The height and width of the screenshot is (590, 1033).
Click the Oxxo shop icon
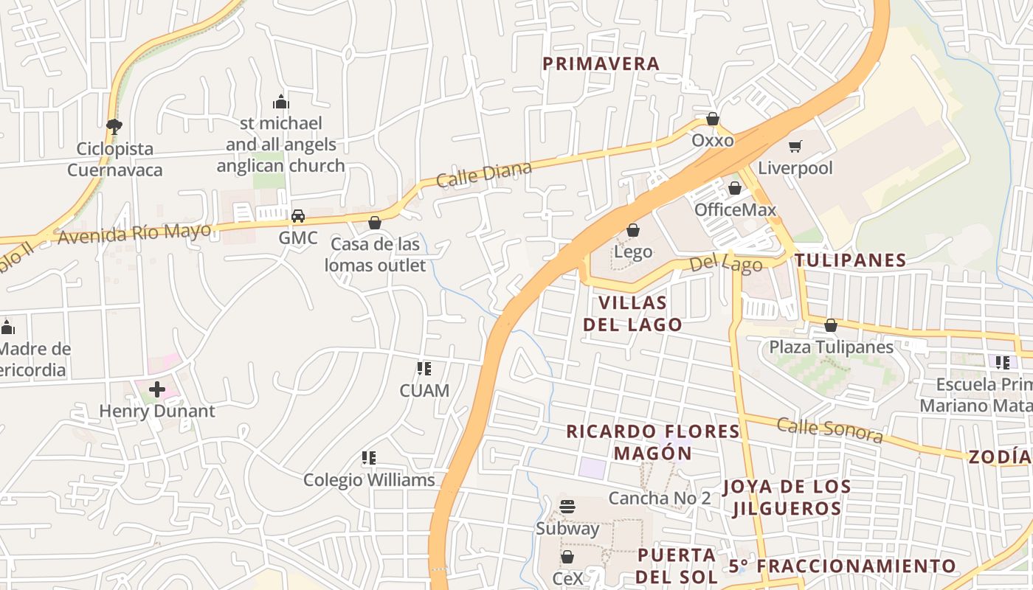point(713,119)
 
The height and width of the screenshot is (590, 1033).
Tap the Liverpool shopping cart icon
point(795,146)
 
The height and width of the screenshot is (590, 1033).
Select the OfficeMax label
point(735,209)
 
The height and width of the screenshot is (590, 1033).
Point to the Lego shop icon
point(632,230)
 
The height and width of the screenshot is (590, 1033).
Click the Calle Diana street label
point(483,175)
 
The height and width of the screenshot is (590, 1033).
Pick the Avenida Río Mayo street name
point(134,233)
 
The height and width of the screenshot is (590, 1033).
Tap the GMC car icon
point(298,216)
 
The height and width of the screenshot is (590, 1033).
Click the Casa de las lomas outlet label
point(376,254)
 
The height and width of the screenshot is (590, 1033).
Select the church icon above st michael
point(280,102)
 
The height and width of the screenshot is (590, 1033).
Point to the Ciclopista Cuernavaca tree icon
point(114,126)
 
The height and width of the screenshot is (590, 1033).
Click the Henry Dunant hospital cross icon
point(157,389)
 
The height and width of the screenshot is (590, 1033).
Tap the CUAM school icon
point(424,368)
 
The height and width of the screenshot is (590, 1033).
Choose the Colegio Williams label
point(370,480)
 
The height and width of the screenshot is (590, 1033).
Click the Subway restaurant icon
point(567,507)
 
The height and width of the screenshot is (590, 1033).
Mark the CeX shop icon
point(567,557)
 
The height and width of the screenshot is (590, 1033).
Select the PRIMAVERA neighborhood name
point(601,63)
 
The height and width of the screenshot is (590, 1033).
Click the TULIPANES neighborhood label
point(850,260)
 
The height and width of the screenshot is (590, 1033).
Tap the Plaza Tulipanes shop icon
point(831,325)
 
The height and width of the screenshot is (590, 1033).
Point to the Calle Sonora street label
point(829,429)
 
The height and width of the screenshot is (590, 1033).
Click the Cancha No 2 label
point(660,498)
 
